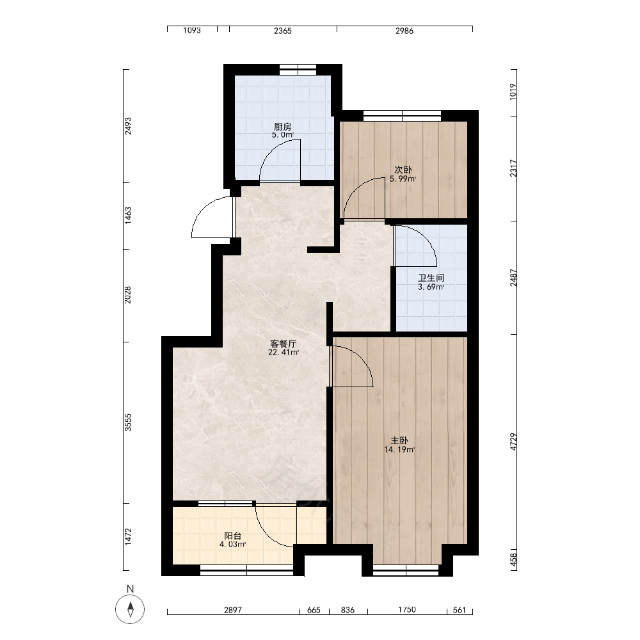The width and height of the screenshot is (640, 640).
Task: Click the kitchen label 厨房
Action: pos(283,127)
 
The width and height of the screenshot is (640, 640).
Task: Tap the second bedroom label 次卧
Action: pos(403,170)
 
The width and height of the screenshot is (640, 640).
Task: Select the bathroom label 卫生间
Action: pos(431,278)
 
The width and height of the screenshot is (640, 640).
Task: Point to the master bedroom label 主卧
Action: pos(399,440)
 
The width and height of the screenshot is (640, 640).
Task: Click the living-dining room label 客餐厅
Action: pos(284,343)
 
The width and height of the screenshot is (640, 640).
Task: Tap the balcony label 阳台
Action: pos(233,536)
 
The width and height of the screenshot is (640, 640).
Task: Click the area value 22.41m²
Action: pos(284,352)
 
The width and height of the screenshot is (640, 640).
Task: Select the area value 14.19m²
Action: pos(399,450)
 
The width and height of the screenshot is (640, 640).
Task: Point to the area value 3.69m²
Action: pos(431,287)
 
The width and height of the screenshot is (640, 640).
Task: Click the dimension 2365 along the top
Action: pos(283,31)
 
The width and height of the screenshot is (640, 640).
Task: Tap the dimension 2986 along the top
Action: pos(404,31)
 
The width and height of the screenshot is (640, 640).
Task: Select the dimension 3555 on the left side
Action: pos(128,422)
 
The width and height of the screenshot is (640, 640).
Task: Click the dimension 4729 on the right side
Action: pos(513,442)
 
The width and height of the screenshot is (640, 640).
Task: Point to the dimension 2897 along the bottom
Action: pos(233,610)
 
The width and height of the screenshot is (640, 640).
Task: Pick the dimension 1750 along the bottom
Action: pos(407,610)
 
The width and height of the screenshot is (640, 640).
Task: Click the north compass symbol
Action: pos(130,609)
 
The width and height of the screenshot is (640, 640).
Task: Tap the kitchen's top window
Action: pos(298,70)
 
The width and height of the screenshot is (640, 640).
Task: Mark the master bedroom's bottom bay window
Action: pos(406,570)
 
